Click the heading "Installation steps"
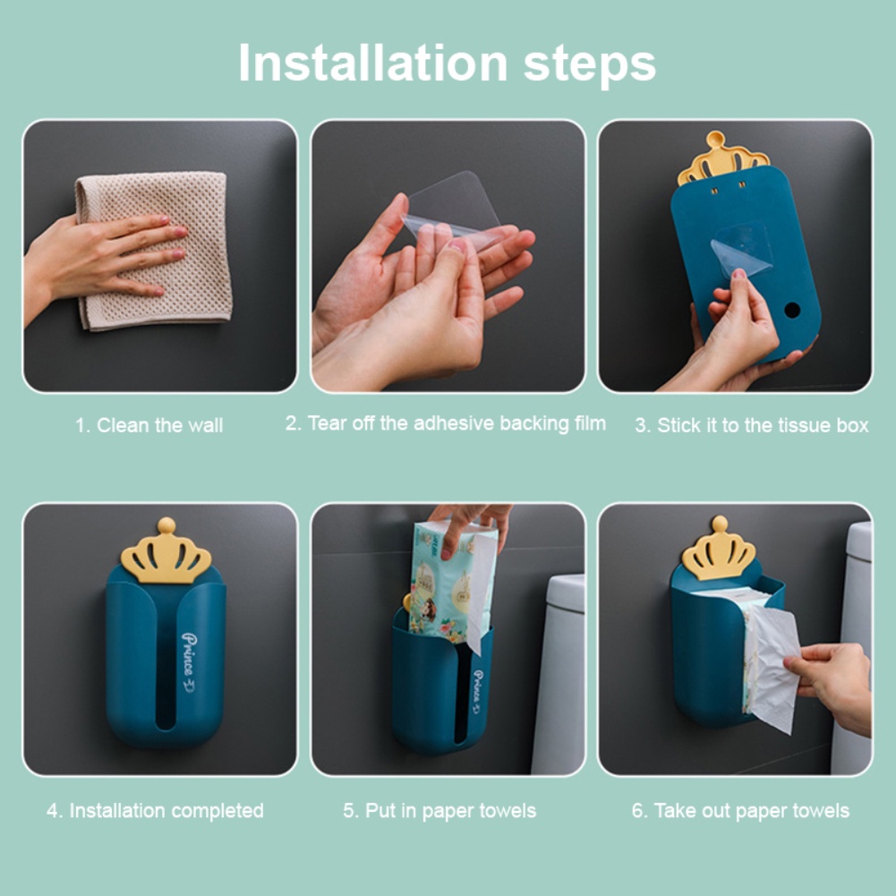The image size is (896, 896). click(x=447, y=63)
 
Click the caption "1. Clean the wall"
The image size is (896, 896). click(x=149, y=425)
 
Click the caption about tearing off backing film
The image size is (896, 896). click(x=445, y=423)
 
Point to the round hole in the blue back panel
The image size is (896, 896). click(x=792, y=311)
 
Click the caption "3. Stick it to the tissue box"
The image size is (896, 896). click(x=751, y=425)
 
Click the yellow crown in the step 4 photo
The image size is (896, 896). click(x=166, y=550)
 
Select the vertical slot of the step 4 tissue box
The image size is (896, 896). click(x=166, y=663)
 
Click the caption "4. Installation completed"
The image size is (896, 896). click(x=155, y=810)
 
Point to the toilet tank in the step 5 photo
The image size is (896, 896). click(x=559, y=674)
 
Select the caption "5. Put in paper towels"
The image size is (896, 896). click(x=439, y=810)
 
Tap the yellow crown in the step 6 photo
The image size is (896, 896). click(x=719, y=549)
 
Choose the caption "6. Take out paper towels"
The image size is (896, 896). click(x=740, y=810)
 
